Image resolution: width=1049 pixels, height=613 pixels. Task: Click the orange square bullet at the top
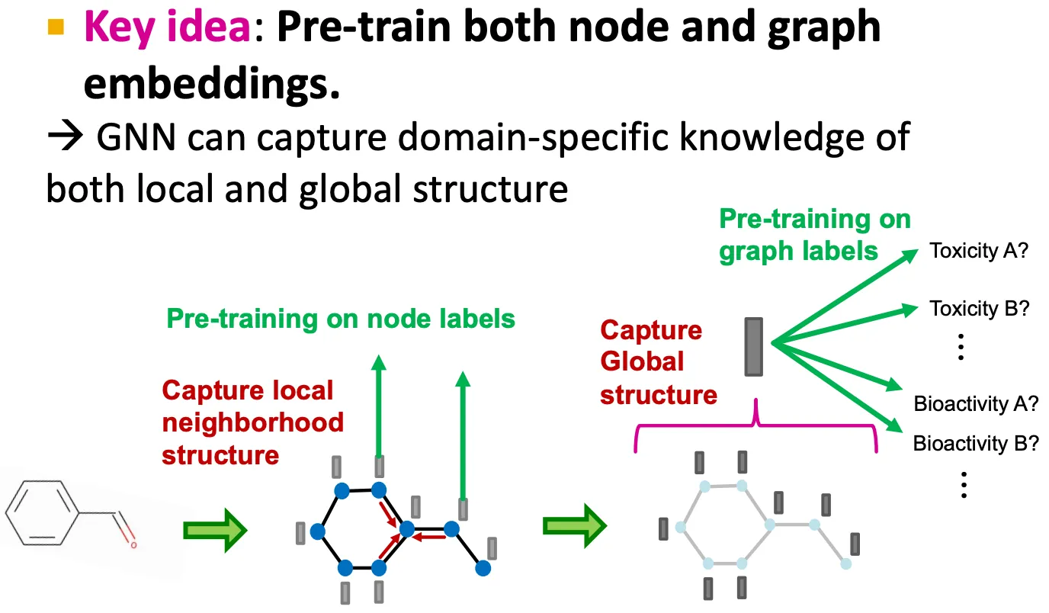click(56, 29)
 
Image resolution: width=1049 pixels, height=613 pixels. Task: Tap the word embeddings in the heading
click(211, 85)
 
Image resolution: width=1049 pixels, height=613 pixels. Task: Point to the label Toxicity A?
click(979, 251)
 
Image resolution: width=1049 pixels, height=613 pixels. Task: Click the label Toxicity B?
click(980, 308)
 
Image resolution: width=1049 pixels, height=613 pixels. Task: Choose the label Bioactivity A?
click(976, 404)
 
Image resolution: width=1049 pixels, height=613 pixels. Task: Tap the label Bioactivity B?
click(976, 443)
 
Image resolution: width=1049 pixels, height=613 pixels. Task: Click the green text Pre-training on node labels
click(341, 318)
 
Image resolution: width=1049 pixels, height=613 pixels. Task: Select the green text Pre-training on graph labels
click(814, 235)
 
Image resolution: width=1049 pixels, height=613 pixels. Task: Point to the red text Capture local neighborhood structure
click(252, 422)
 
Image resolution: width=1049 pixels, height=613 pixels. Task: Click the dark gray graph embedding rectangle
click(754, 347)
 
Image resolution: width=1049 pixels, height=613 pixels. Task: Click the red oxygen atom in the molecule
click(133, 545)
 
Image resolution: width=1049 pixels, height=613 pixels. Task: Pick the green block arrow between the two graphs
click(574, 525)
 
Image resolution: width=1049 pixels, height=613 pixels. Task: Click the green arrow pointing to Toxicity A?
click(846, 297)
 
